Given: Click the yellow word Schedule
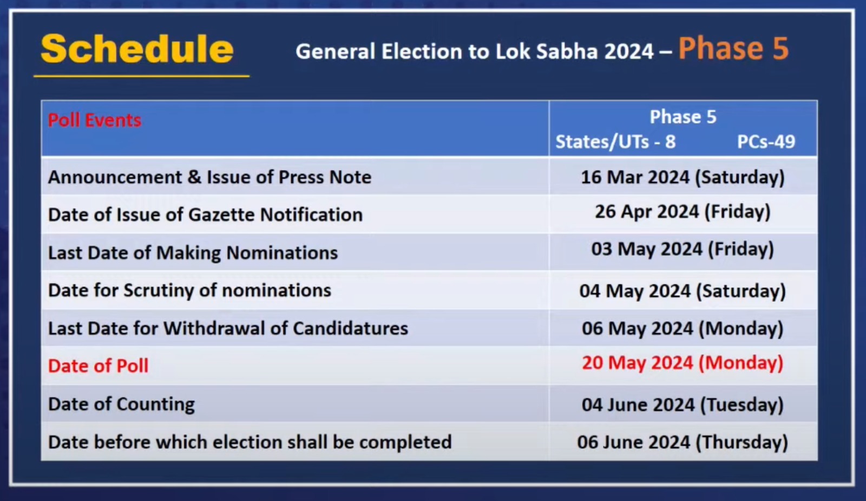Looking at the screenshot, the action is click(137, 49).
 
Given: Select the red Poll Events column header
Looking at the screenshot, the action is click(95, 120).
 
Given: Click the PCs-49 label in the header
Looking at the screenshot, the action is click(766, 141).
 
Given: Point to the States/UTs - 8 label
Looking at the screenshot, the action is click(615, 142).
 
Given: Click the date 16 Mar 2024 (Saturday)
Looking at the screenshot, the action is click(683, 178).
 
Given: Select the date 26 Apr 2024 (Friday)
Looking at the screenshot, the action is click(683, 212).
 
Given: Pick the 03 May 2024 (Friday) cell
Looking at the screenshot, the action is click(683, 250).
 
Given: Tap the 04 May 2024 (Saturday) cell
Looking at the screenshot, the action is click(683, 291).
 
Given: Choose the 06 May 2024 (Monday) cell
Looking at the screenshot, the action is click(683, 329).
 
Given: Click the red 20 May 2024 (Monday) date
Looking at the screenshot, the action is click(683, 363).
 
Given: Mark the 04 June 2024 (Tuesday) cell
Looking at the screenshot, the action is click(683, 405).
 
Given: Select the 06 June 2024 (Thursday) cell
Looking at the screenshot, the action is click(683, 443).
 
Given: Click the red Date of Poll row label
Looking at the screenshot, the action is click(98, 366).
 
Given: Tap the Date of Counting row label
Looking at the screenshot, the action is click(121, 405).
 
